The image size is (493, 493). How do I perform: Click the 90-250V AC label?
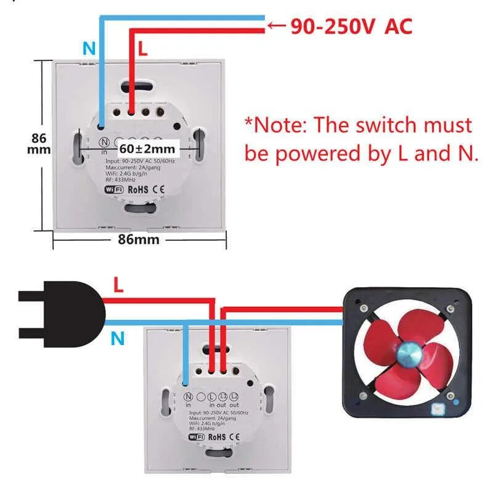[x=351, y=26]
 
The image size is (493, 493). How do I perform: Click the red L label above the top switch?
[x=143, y=50]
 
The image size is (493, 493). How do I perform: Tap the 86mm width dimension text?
[x=139, y=240]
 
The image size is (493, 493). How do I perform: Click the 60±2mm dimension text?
[x=147, y=149]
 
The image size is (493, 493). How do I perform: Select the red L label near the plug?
[x=118, y=285]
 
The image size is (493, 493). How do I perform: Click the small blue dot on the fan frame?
[x=456, y=401]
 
